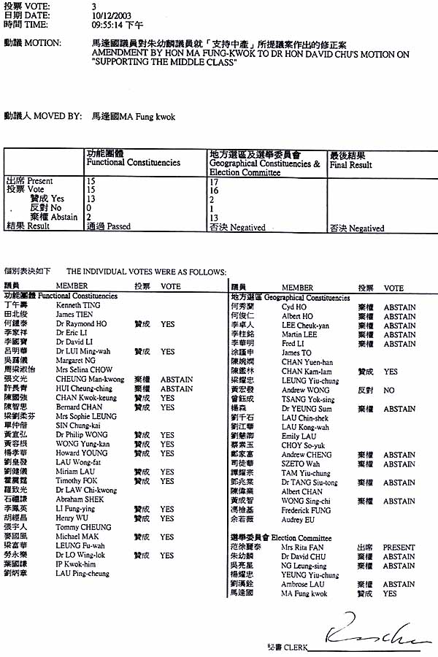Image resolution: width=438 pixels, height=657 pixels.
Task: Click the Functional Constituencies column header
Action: click(133, 163)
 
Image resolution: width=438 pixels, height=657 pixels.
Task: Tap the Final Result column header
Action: click(350, 165)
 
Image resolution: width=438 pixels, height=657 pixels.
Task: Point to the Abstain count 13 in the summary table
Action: click(214, 218)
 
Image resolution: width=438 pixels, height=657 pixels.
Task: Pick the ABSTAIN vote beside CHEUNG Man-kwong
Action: click(177, 380)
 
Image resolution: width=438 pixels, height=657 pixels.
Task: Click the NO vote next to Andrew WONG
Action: click(389, 391)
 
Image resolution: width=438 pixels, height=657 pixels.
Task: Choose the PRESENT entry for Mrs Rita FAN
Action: click(399, 547)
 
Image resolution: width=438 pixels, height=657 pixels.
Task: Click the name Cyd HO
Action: click(294, 307)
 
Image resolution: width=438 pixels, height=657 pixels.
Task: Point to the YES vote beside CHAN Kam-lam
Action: click(391, 372)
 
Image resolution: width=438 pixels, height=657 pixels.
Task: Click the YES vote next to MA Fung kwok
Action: click(391, 594)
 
